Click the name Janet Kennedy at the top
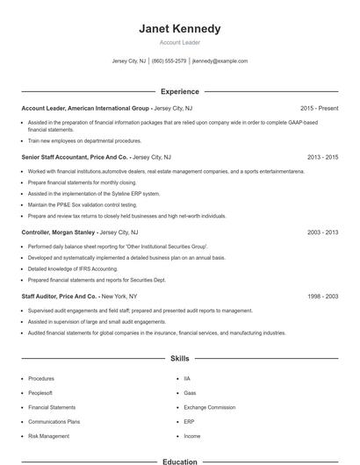click(x=180, y=29)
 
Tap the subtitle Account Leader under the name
click(x=180, y=42)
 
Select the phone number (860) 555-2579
click(x=169, y=61)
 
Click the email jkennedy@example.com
click(x=220, y=61)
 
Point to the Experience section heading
click(x=180, y=91)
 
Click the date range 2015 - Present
click(x=320, y=108)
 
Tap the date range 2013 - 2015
click(x=323, y=157)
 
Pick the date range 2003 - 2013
click(x=323, y=232)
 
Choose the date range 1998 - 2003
click(x=323, y=297)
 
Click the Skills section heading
click(x=180, y=359)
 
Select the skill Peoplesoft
click(x=41, y=393)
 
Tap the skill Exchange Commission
click(x=209, y=407)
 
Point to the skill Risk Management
click(x=48, y=436)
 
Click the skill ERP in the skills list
click(x=189, y=421)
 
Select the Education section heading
click(x=180, y=461)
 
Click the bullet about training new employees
click(x=84, y=140)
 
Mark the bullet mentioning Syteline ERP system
click(x=94, y=193)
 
